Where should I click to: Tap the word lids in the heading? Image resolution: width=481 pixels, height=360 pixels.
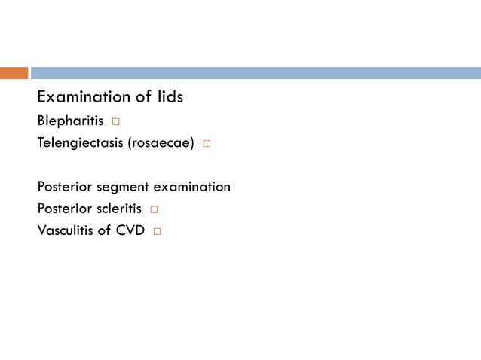pyautogui.click(x=169, y=97)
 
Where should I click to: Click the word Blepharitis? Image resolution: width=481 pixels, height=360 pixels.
pyautogui.click(x=70, y=121)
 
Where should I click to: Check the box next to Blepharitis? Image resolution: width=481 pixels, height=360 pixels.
pyautogui.click(x=116, y=122)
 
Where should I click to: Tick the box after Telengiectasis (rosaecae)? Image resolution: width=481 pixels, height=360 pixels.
pyautogui.click(x=206, y=144)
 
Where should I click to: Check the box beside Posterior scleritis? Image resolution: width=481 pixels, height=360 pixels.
pyautogui.click(x=154, y=209)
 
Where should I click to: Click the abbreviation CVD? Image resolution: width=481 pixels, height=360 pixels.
pyautogui.click(x=130, y=230)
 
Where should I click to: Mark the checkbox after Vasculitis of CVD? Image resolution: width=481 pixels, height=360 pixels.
pyautogui.click(x=157, y=231)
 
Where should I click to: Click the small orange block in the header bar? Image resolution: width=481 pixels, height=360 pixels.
pyautogui.click(x=14, y=73)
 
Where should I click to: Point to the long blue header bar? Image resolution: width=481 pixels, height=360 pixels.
pyautogui.click(x=256, y=73)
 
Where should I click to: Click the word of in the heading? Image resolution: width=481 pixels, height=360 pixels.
pyautogui.click(x=143, y=97)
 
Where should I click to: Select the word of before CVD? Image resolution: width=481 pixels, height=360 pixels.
pyautogui.click(x=106, y=230)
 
